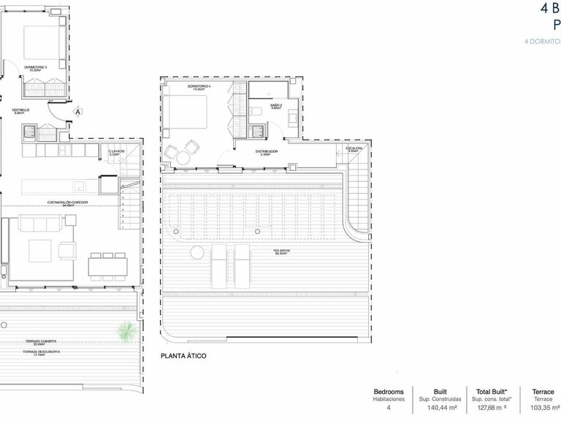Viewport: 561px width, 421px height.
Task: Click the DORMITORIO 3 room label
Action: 35,68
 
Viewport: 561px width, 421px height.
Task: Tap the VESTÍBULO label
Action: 19,110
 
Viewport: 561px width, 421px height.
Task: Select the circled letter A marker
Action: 78,112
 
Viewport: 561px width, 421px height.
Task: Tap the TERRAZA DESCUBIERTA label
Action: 41,352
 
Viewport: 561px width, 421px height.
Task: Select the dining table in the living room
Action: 107,266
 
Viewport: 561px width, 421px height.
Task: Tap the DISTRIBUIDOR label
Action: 266,152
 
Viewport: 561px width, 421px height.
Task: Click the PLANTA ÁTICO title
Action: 183,356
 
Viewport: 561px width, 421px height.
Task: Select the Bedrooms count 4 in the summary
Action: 388,409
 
